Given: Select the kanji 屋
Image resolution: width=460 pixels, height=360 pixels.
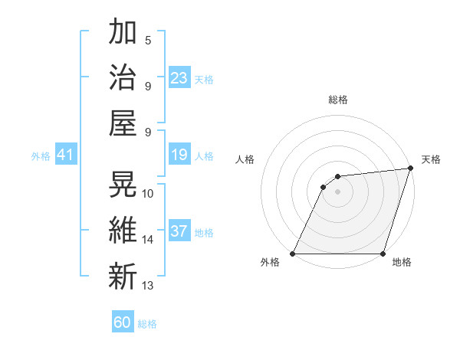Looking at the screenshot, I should pos(123,122).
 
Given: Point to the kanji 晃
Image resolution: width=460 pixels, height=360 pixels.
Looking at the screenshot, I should pos(123,185).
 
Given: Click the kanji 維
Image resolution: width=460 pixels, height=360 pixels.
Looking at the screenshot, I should pos(123,230).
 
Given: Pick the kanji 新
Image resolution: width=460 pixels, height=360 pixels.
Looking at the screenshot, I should pos(123,275).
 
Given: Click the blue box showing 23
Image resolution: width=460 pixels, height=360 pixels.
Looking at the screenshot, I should pos(179,77).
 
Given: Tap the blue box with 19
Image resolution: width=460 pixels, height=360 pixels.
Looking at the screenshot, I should pos(179,155).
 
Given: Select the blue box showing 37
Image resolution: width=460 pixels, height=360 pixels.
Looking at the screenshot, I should pos(179,232).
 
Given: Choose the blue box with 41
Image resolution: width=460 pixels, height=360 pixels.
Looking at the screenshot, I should pos(65,155).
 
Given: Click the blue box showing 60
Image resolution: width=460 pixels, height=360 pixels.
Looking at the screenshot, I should pos(123,322).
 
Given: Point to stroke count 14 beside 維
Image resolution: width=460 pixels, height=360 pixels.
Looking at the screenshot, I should pos(148,240).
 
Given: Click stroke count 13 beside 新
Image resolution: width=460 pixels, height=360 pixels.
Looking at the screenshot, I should pos(148,286).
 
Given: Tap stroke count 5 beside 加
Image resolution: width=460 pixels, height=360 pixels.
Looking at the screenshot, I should pos(148,40).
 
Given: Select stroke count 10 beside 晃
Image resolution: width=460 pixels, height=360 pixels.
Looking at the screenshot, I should pos(148,193).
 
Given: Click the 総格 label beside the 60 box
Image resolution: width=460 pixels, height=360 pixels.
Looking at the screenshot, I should pos(147,324).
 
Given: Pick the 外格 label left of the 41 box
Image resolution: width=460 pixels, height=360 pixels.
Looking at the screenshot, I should pos(41,156).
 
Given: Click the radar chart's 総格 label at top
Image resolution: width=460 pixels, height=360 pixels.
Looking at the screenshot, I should pos(337,100).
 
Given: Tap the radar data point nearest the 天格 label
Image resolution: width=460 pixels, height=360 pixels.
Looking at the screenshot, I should pos(410,169).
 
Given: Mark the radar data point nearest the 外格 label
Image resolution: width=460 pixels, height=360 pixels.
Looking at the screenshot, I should pos(292,254).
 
